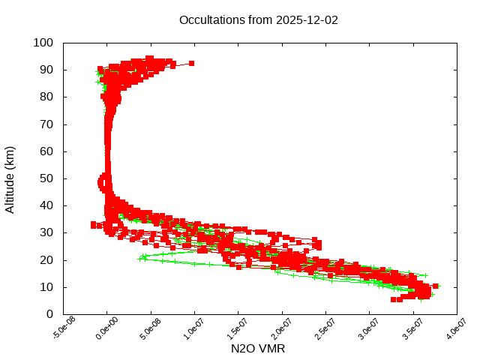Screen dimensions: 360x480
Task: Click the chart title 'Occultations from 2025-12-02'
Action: [259, 20]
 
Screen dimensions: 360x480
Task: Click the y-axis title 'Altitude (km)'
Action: [10, 178]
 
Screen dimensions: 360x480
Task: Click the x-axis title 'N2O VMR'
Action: [259, 349]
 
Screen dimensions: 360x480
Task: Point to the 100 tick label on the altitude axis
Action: [43, 43]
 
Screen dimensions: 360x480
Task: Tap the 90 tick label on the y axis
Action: [46, 70]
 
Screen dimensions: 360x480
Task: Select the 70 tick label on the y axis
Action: [46, 124]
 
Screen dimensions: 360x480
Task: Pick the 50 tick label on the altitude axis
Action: [46, 178]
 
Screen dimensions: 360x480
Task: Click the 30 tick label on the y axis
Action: [46, 232]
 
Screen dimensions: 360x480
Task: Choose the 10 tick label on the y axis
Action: [46, 287]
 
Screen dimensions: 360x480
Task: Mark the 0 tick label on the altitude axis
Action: [49, 314]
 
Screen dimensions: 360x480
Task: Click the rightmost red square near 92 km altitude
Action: [192, 63]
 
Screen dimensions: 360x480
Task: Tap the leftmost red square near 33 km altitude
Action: [94, 224]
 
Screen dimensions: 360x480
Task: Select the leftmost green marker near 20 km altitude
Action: [141, 259]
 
